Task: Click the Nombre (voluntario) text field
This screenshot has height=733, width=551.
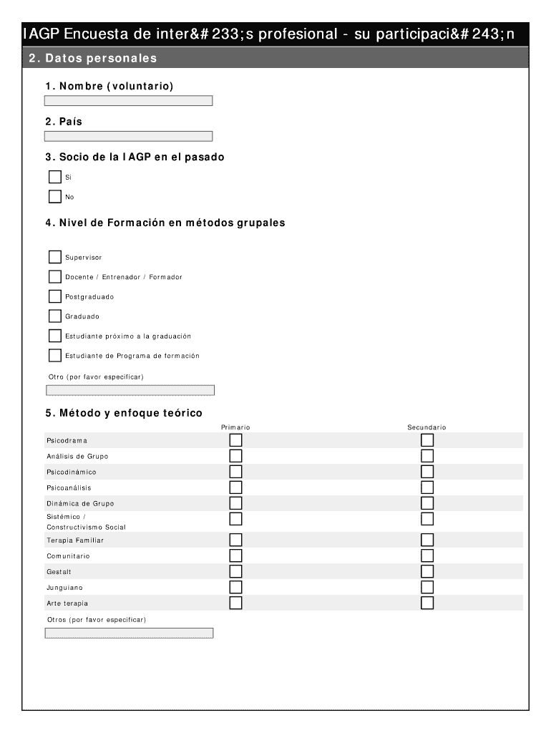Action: (x=129, y=101)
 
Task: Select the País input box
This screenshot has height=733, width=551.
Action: (x=129, y=136)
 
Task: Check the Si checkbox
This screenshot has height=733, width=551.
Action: (x=55, y=177)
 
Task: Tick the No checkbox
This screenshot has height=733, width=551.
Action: (x=55, y=197)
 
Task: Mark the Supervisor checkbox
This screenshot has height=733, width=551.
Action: (x=55, y=257)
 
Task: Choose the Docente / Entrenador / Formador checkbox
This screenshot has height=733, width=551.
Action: (x=55, y=277)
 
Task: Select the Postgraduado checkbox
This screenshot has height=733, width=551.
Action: (x=55, y=296)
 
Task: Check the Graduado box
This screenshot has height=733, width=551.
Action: (x=55, y=316)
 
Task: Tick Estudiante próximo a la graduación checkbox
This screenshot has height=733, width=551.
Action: (x=55, y=336)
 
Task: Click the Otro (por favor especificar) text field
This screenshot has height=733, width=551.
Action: (x=130, y=390)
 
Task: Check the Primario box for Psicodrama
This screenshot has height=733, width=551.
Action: (x=235, y=440)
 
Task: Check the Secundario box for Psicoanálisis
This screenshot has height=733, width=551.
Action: (x=427, y=487)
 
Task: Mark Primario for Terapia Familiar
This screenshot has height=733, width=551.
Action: (x=235, y=540)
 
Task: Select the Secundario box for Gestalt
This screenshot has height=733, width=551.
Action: (x=427, y=571)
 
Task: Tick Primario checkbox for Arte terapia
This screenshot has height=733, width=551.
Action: (x=235, y=603)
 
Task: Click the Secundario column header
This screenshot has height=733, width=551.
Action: (x=426, y=427)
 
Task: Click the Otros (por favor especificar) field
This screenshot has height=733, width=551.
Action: (x=129, y=633)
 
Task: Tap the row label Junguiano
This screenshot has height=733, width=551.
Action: (x=64, y=588)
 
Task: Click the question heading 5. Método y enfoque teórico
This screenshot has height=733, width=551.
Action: (x=123, y=413)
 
